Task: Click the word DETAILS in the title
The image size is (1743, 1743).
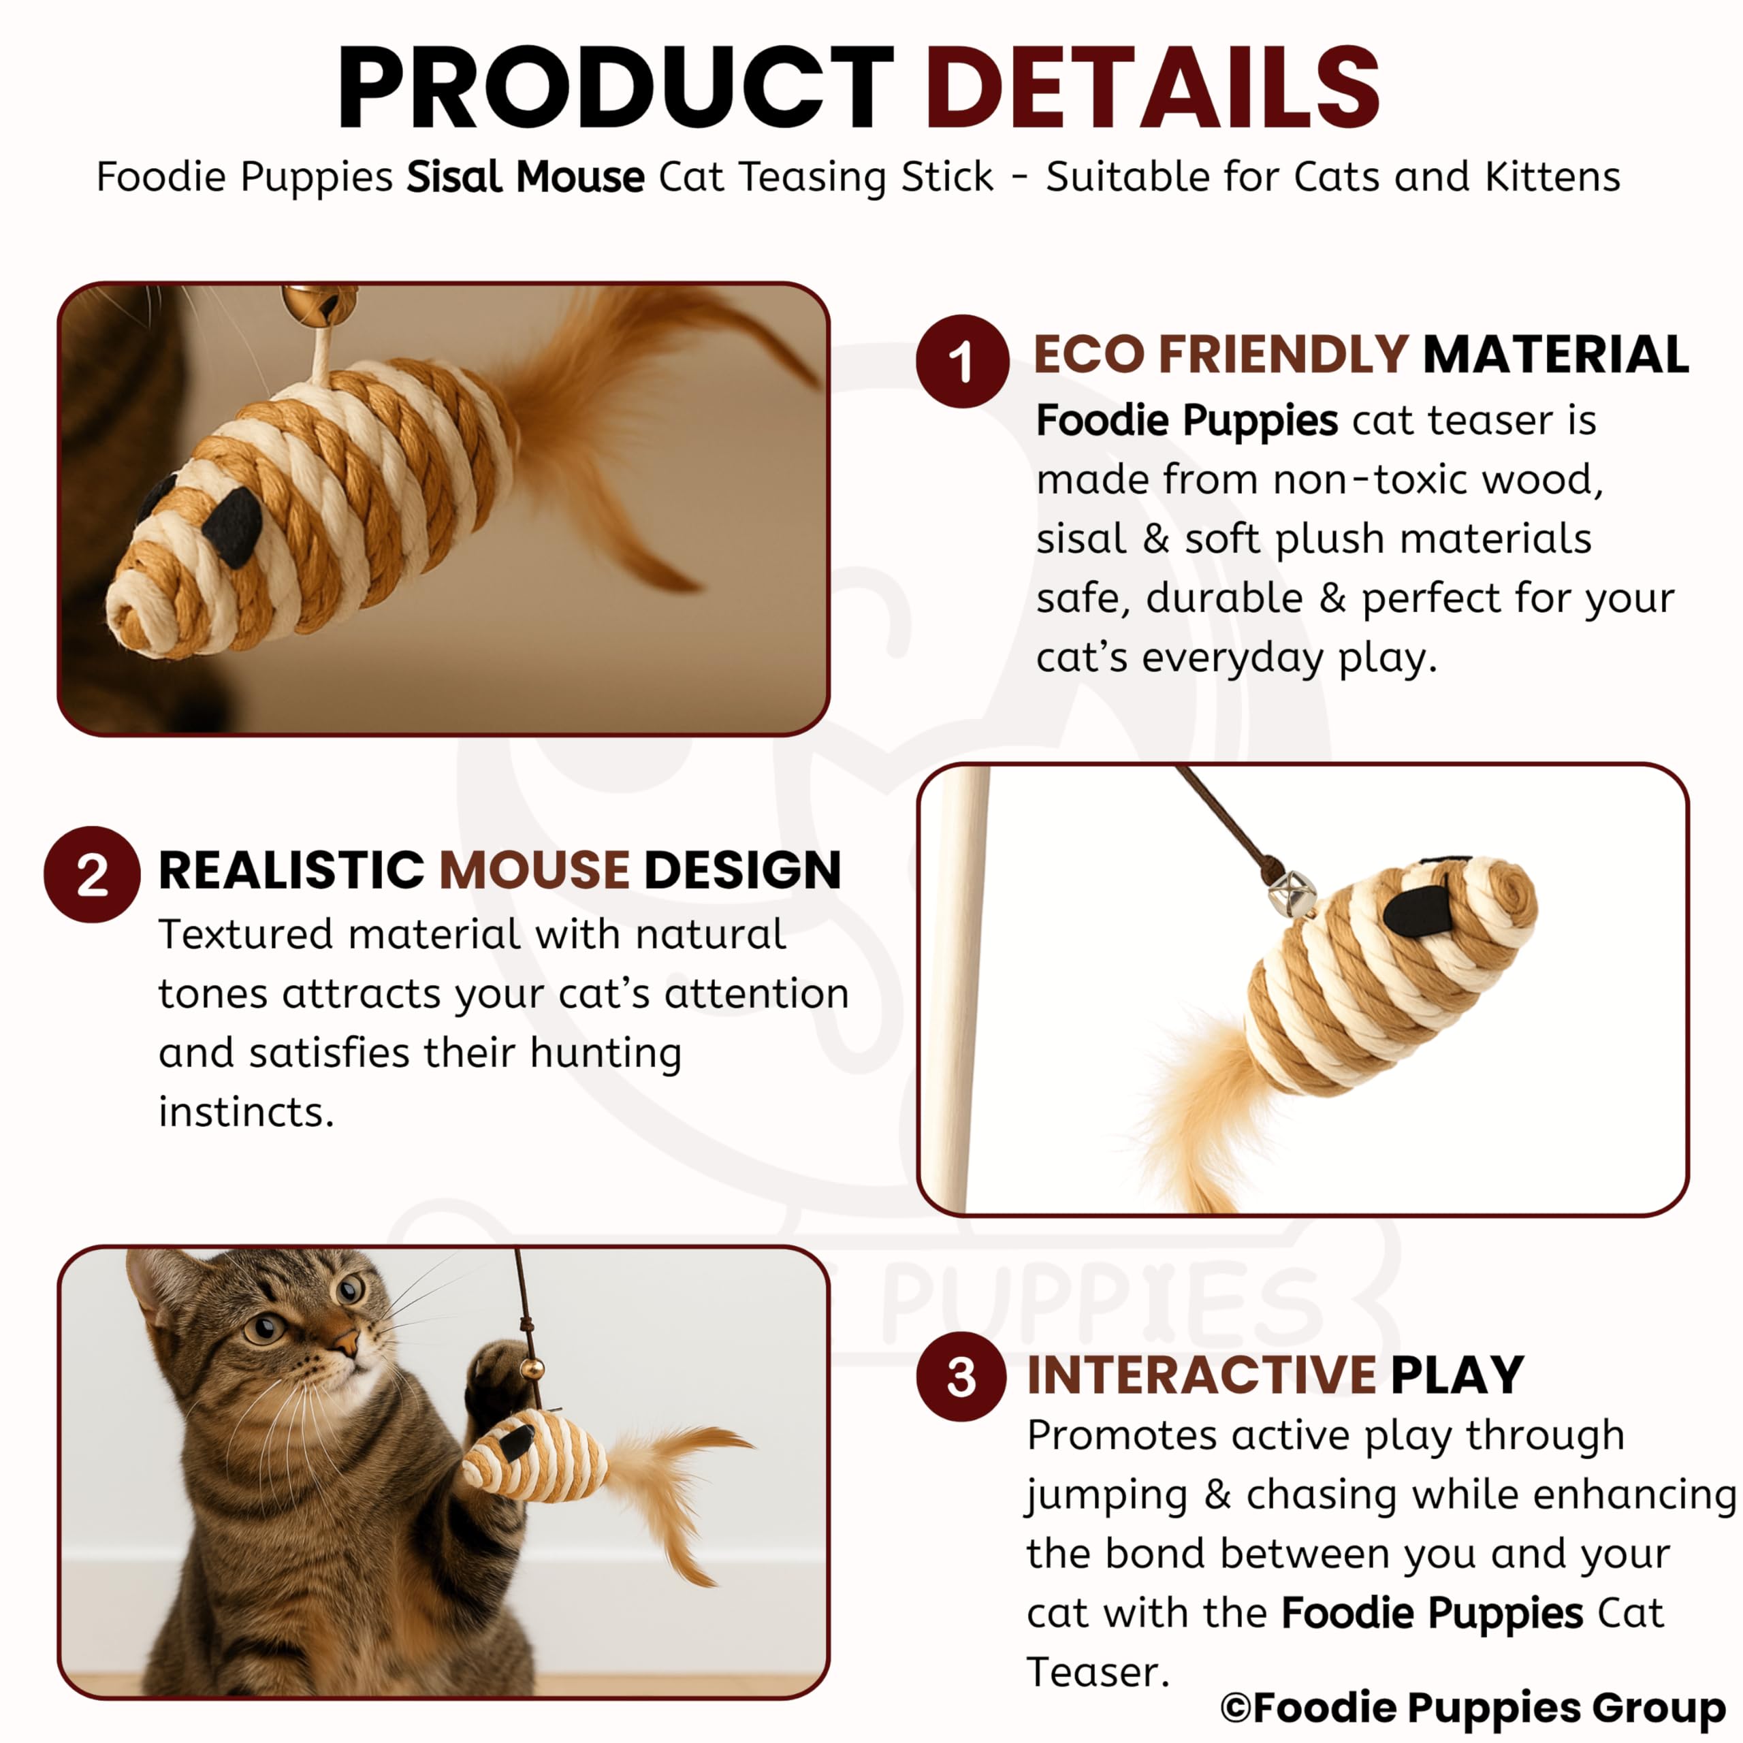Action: [1152, 88]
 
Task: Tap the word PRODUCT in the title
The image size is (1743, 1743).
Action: [615, 88]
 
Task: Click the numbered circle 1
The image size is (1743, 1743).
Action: [962, 361]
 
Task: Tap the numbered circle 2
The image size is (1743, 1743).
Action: [92, 874]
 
